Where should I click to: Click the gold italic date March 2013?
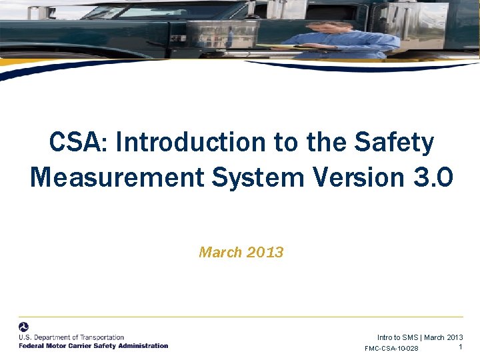click(241, 253)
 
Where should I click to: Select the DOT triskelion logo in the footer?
click(24, 327)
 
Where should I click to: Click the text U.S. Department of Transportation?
click(71, 337)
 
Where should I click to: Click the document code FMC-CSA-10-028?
click(392, 349)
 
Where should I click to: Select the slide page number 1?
click(461, 347)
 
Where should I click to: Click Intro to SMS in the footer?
click(397, 337)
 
